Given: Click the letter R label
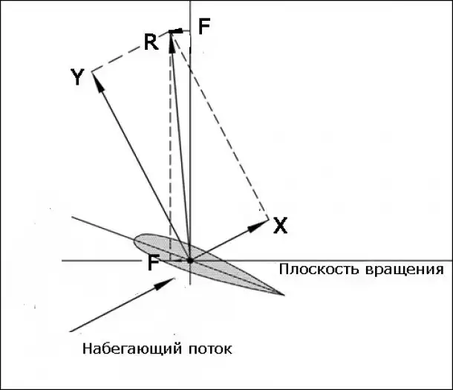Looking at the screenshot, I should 151,42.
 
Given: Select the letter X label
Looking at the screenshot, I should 280,226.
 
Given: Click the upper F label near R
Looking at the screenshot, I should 204,27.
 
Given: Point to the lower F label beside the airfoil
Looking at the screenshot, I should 153,262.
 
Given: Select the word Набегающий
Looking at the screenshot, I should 127,348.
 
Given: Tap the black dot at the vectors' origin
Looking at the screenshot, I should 190,261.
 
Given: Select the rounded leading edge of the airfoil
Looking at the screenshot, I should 135,241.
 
